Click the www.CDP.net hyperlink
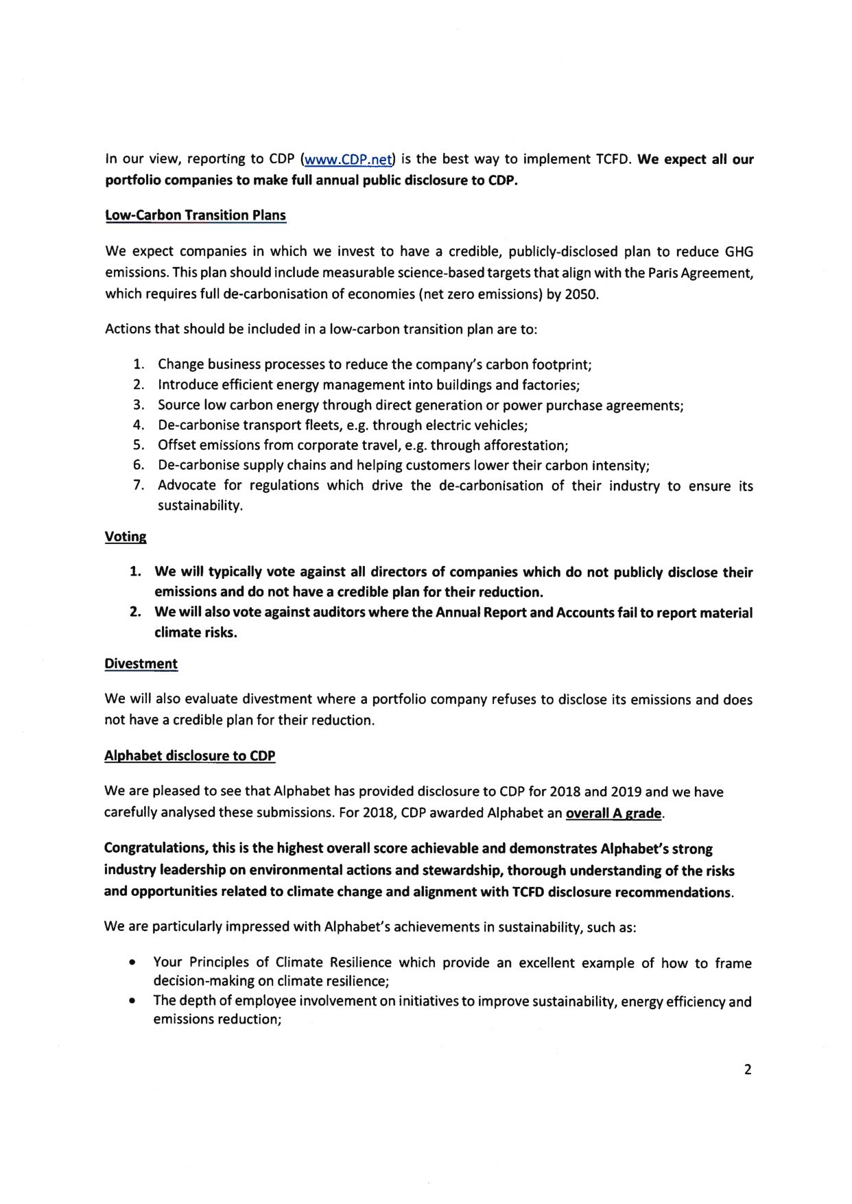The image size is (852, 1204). click(348, 160)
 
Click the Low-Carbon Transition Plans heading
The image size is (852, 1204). click(196, 215)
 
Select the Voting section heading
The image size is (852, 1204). click(126, 536)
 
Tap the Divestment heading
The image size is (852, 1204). click(141, 663)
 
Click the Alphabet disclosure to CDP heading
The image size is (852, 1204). click(189, 756)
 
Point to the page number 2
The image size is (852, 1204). click(747, 1070)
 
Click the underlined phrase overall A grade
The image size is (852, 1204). click(613, 813)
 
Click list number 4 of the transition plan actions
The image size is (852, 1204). click(139, 425)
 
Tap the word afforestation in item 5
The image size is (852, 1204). click(524, 445)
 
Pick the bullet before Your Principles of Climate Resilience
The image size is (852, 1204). click(131, 964)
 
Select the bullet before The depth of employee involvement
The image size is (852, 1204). click(131, 1002)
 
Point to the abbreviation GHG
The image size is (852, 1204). click(738, 252)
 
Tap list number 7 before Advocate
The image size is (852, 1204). click(139, 486)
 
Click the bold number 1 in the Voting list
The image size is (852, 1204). click(136, 571)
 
